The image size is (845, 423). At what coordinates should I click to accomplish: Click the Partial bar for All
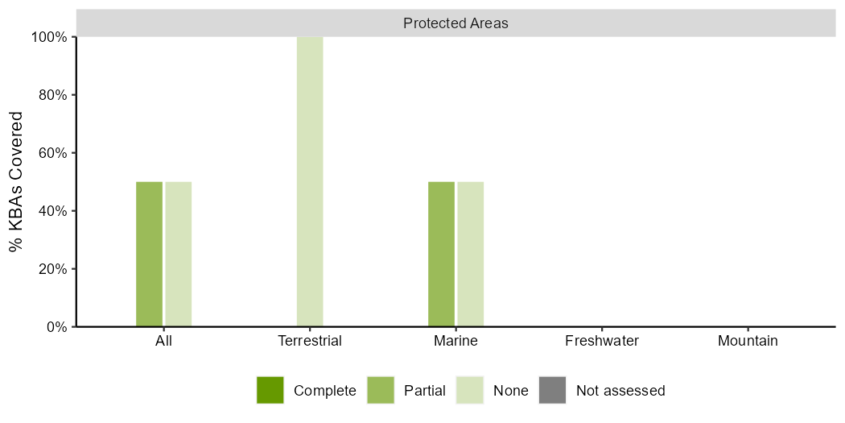pos(149,254)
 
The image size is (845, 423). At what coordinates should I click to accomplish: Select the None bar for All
pos(179,254)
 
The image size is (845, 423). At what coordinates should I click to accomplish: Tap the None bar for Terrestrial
pos(310,181)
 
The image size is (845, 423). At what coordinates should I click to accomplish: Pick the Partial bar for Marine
pos(441,254)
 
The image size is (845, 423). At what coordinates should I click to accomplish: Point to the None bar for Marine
pos(471,254)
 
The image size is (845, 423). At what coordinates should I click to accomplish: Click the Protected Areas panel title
pos(455,23)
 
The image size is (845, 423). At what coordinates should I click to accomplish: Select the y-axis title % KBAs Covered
pos(17,181)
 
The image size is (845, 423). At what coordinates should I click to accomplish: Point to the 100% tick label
pos(50,37)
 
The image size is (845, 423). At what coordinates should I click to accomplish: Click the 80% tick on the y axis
pos(53,95)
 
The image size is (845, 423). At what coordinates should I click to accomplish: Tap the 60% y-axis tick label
pos(53,153)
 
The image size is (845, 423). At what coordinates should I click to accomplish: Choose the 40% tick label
pos(53,211)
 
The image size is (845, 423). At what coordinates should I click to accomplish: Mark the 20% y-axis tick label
pos(53,269)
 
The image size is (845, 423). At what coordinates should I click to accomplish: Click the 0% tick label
pos(56,327)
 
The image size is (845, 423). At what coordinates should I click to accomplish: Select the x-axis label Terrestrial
pos(310,341)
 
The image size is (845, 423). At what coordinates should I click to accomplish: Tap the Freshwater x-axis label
pos(602,341)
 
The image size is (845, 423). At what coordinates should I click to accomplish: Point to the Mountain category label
pos(748,341)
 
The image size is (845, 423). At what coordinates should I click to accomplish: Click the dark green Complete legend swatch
pos(270,390)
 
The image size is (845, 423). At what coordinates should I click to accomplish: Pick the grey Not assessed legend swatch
pos(552,390)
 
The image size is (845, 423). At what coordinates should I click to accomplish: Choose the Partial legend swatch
pos(381,390)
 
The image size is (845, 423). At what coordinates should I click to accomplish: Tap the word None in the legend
pos(511,391)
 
